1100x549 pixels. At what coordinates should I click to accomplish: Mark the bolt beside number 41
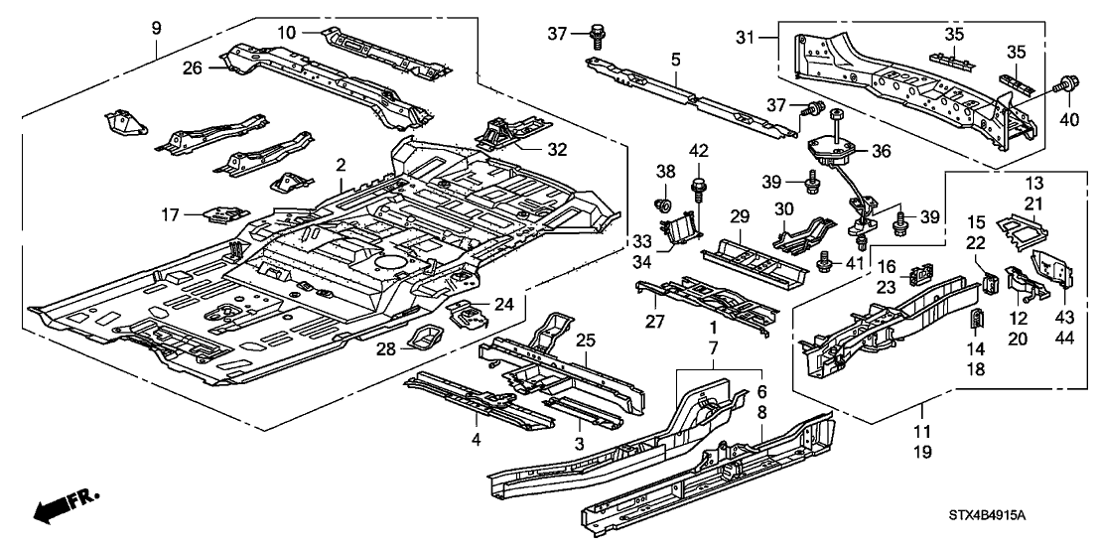coord(823,262)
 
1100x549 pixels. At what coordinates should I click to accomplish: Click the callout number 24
coord(506,307)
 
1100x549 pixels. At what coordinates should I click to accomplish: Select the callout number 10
coord(287,34)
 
